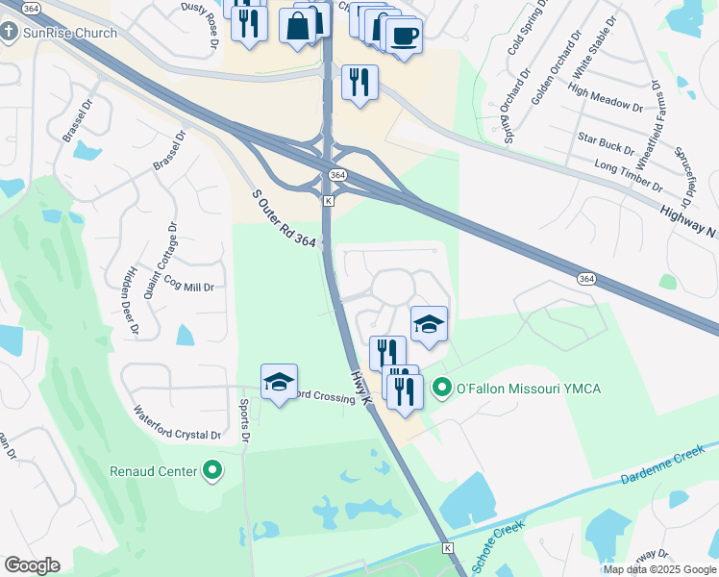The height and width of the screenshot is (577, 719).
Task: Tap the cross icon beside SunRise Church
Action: point(10,33)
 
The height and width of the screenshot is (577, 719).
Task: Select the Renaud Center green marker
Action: point(212,471)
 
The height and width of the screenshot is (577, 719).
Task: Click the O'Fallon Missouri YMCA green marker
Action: point(442,389)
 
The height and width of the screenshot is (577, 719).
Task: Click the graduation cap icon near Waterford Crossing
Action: point(279,382)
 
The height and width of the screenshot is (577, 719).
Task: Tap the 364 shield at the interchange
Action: point(336,175)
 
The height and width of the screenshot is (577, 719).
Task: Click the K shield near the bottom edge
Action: point(447,547)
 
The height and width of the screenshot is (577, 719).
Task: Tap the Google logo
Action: point(32,565)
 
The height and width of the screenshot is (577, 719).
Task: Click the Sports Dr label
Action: point(245,419)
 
